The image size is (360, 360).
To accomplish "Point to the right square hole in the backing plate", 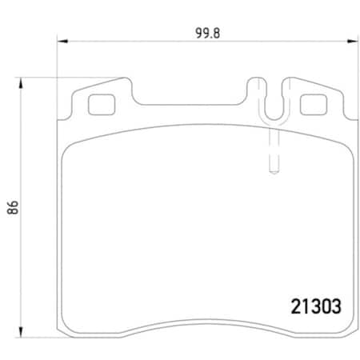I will (310, 104).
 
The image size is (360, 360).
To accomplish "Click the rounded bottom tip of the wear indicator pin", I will (272, 170).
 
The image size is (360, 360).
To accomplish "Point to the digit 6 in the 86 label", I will (12, 200).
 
